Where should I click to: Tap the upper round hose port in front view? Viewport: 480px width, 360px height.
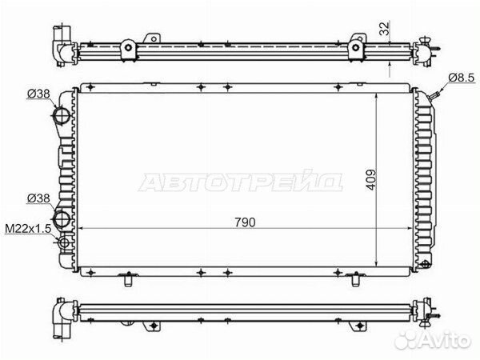click(62, 118)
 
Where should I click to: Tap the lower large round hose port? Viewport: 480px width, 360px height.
click(62, 218)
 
